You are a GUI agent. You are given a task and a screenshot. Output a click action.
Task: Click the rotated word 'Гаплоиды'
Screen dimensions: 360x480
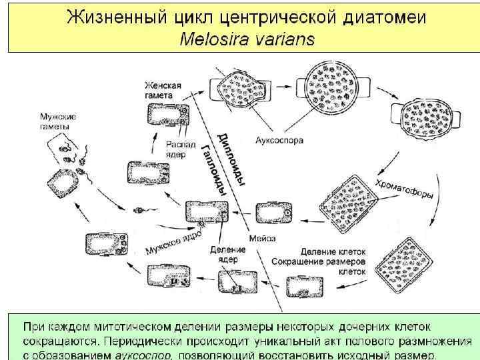(212, 170)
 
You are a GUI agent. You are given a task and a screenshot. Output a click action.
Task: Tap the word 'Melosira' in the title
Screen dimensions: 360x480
(210, 39)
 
